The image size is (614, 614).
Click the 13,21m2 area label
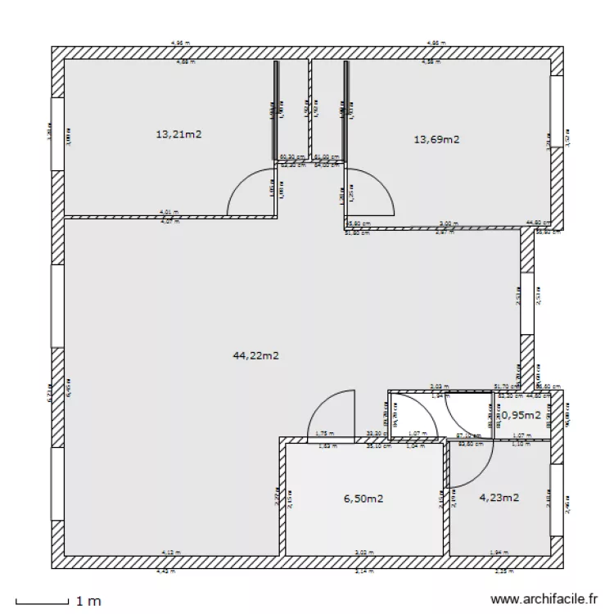pos(178,134)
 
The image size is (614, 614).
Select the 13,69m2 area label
pos(436,139)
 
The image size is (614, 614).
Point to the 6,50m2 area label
pos(364,498)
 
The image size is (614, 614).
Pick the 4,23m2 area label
pos(499,497)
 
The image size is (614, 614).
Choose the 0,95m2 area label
pos(521,415)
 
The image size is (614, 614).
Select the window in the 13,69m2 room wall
pos(557,111)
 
